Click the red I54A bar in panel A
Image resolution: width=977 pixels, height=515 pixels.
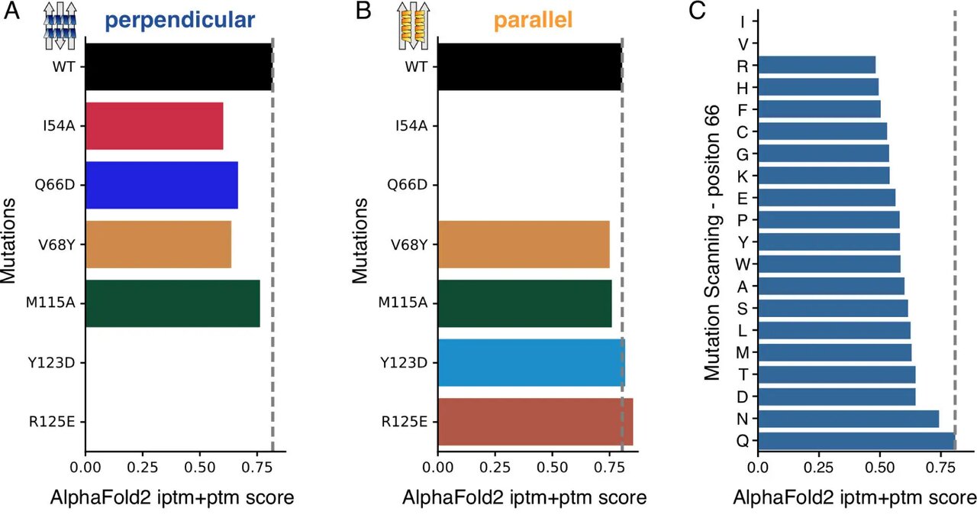pyautogui.click(x=154, y=125)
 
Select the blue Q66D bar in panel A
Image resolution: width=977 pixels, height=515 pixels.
pyautogui.click(x=162, y=185)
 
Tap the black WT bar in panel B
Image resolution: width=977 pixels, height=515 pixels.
pyautogui.click(x=529, y=66)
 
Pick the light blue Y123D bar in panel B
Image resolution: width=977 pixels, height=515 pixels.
pyautogui.click(x=531, y=362)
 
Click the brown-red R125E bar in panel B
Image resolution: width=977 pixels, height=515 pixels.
pyautogui.click(x=535, y=421)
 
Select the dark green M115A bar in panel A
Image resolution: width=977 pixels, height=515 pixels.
pyautogui.click(x=173, y=303)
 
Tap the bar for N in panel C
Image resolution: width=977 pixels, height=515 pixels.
pyautogui.click(x=848, y=419)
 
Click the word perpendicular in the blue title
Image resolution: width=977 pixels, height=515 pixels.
pyautogui.click(x=179, y=21)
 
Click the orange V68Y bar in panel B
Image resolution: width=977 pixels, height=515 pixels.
pyautogui.click(x=524, y=244)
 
